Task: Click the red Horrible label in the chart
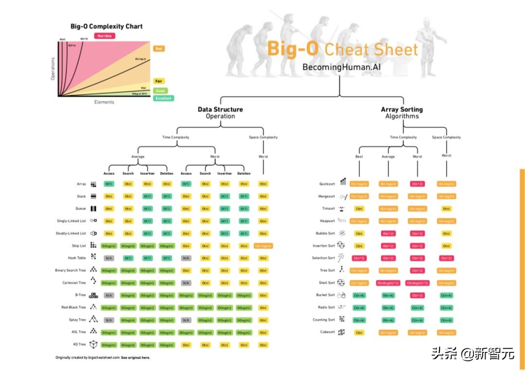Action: (x=105, y=36)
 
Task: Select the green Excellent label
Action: (x=163, y=98)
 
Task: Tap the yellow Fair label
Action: (x=159, y=81)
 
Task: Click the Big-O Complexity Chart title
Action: (x=106, y=26)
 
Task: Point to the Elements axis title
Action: (x=104, y=102)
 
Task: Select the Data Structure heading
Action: (x=220, y=110)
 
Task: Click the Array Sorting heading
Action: (x=402, y=110)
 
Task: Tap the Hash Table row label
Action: (x=77, y=258)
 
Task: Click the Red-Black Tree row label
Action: (x=74, y=307)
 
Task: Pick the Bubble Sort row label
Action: (x=325, y=234)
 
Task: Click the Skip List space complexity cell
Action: (x=263, y=246)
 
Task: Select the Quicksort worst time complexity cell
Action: (x=417, y=184)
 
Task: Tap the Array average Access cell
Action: (x=109, y=184)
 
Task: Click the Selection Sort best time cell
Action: (x=359, y=258)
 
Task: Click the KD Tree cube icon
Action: (x=93, y=344)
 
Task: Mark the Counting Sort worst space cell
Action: (x=446, y=320)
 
